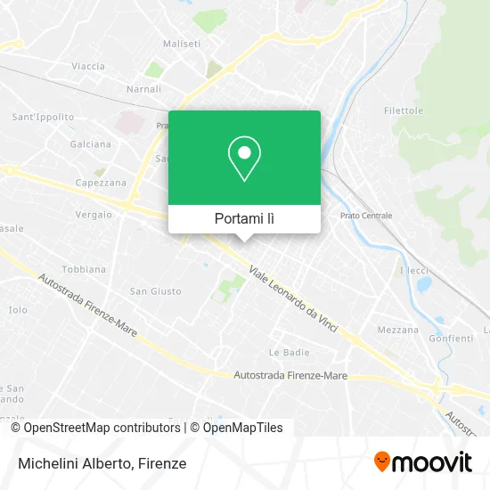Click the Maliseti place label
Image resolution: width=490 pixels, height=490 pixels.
click(181, 43)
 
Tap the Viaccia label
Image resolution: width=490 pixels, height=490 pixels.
click(88, 66)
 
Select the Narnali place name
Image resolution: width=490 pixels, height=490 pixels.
click(143, 90)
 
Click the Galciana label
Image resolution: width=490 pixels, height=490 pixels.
click(91, 144)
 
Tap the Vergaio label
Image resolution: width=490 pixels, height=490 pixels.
click(94, 214)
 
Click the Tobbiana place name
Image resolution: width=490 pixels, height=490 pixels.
click(84, 269)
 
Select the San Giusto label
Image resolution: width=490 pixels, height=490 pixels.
click(156, 291)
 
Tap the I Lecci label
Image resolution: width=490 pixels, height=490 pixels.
click(414, 270)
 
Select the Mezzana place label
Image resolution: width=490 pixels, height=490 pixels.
click(397, 330)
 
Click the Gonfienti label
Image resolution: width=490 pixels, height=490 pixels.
click(451, 339)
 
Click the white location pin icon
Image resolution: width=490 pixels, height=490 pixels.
click(244, 159)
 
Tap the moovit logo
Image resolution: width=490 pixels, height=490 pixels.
click(422, 462)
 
